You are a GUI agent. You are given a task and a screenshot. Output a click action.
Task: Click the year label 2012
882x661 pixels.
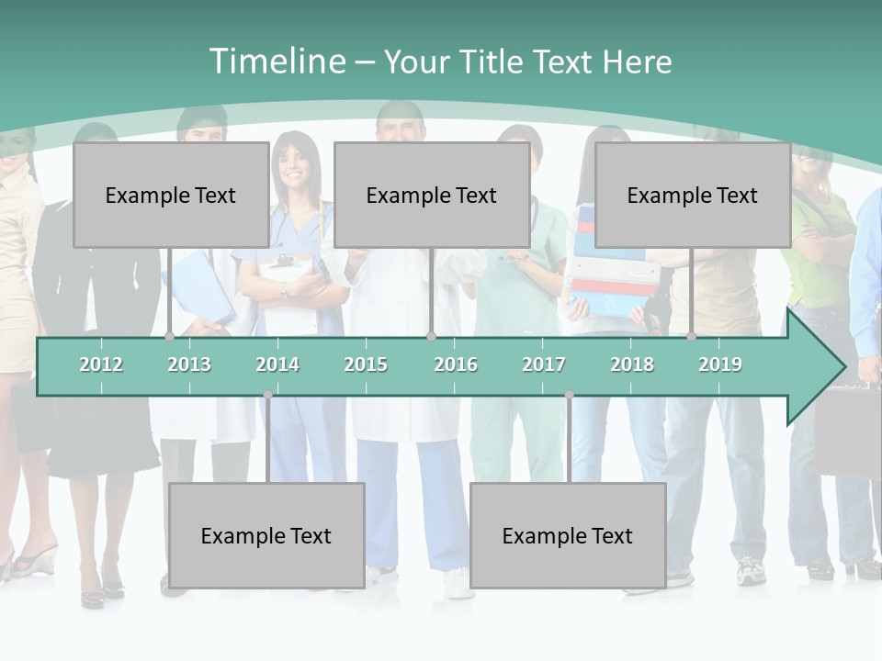tap(101, 364)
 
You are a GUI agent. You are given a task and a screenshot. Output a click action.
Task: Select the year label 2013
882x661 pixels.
tap(189, 364)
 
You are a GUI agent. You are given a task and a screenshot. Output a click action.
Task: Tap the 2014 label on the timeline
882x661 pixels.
tap(277, 364)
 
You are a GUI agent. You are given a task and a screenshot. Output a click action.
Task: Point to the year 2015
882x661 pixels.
tap(366, 364)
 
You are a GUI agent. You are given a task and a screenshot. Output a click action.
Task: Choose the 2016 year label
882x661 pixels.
tap(456, 364)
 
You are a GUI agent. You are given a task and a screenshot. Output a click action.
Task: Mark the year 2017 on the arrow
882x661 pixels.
tap(544, 364)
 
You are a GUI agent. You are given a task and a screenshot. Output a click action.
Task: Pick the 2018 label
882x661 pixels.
tap(632, 364)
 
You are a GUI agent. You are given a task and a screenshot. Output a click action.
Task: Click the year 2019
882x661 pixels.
tap(720, 364)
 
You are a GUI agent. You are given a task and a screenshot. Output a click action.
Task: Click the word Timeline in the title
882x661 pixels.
tap(277, 62)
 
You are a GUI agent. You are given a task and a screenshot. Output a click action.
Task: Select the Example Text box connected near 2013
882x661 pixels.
tap(171, 195)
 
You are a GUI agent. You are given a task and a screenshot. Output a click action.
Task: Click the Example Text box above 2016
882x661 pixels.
tap(432, 195)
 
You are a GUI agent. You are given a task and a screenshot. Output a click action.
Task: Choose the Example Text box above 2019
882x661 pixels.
tap(693, 195)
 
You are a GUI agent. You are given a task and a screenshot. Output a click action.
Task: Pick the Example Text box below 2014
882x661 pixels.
tap(266, 535)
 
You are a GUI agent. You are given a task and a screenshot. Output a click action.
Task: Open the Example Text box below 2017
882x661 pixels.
tap(568, 535)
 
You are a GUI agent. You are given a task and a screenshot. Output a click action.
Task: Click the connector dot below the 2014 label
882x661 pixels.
tap(267, 395)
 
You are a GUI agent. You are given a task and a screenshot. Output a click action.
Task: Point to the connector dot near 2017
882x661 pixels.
tap(569, 395)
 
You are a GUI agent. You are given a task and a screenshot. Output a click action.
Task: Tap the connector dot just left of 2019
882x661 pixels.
tap(692, 337)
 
